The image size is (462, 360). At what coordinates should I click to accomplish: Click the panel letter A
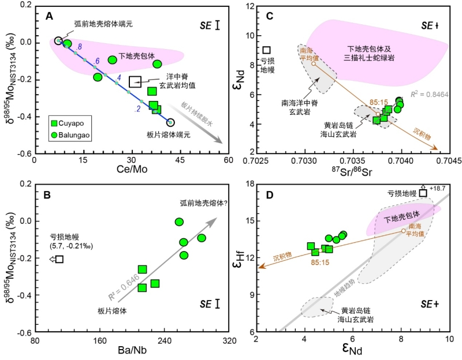coord(50,18)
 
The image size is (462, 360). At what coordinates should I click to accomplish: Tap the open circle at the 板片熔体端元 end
coord(170,122)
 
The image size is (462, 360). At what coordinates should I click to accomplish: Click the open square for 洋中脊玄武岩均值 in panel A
coord(135,81)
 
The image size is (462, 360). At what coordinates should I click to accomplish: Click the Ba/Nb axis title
coord(132,348)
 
